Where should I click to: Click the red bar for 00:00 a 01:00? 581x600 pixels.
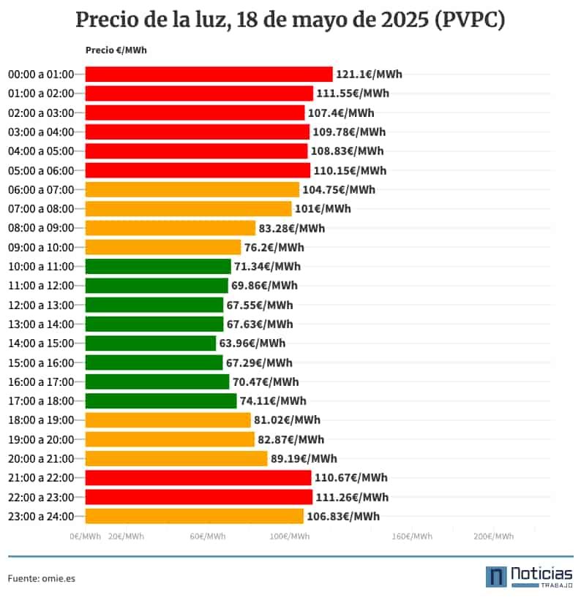[x=209, y=74]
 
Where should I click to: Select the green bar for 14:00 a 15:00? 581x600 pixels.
[x=151, y=343]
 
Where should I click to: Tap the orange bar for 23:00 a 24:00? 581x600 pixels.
[x=194, y=517]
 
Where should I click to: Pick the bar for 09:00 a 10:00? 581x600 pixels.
[x=163, y=247]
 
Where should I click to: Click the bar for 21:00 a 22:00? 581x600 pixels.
[x=198, y=478]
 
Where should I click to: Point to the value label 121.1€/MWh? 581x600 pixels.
[x=369, y=75]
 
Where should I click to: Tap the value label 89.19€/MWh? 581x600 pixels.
[x=304, y=459]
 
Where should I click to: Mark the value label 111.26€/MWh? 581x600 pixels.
[x=352, y=498]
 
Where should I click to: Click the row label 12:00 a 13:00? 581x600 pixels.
[x=41, y=305]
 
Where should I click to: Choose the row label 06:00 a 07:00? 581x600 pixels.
[x=41, y=190]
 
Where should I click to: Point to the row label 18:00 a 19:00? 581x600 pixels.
[x=41, y=420]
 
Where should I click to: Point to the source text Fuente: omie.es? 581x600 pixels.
[x=42, y=578]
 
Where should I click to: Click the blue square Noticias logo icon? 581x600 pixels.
[x=497, y=577]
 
